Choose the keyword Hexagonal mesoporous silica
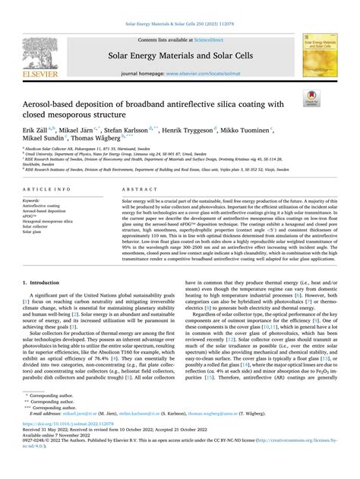[x=63, y=221]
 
